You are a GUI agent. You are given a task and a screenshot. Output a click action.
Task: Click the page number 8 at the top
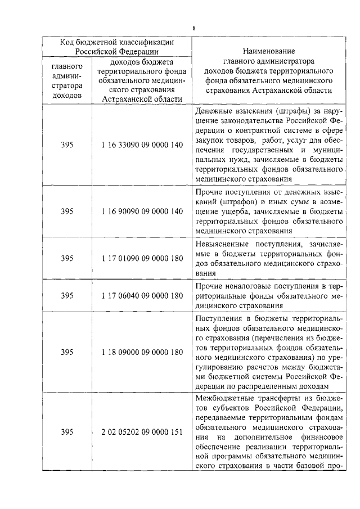tap(194, 28)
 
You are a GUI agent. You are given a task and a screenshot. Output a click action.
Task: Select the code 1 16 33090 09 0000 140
tap(143, 145)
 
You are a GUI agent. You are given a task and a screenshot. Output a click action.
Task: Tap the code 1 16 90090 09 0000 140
tap(143, 211)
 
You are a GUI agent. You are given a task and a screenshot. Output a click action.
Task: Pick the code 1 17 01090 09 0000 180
tap(143, 259)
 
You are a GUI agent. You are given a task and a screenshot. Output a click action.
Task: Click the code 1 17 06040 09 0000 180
tap(143, 295)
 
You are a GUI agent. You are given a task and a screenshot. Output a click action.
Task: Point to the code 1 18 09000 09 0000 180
tap(143, 352)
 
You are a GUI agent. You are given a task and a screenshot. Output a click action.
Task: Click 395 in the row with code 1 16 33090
tap(67, 145)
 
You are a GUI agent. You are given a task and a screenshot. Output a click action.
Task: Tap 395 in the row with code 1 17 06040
tap(67, 295)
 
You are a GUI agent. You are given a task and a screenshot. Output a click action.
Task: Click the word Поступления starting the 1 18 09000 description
tap(218, 318)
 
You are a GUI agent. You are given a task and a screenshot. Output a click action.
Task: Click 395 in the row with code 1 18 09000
tap(67, 352)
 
